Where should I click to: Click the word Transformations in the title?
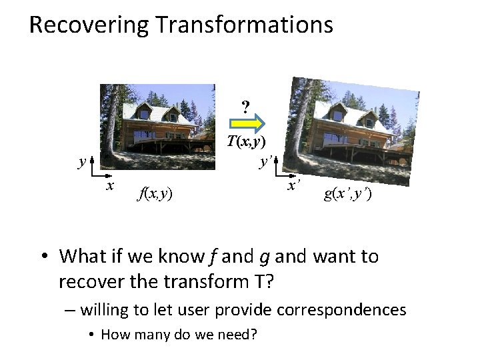(244, 25)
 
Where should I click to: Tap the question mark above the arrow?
(246, 106)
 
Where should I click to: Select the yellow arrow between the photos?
(248, 123)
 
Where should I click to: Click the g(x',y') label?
(347, 194)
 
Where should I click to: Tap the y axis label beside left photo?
(81, 161)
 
